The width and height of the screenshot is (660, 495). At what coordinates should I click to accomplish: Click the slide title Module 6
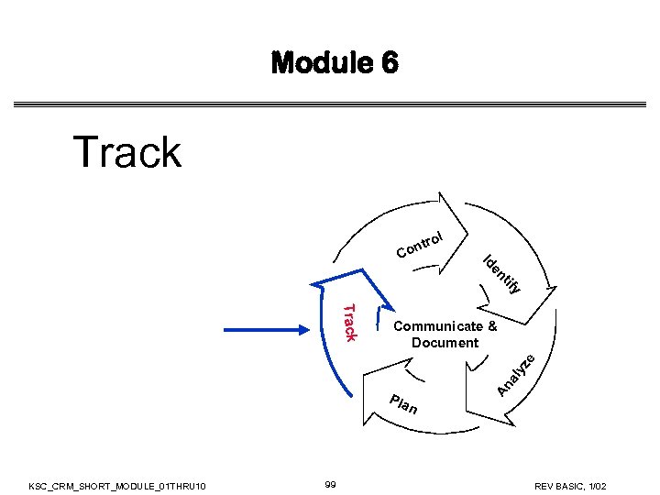pos(335,63)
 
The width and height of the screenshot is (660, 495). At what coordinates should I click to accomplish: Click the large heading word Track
pos(127,151)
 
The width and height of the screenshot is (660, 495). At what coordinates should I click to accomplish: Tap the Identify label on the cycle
pos(502,274)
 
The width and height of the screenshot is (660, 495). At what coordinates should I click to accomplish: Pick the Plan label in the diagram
pos(403,404)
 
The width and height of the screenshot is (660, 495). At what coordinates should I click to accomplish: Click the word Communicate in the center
pos(436,326)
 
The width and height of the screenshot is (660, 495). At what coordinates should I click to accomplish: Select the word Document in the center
pos(445,343)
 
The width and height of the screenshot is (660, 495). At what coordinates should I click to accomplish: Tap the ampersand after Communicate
pos(492,326)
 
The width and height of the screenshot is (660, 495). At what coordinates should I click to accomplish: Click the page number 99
pos(332,483)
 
